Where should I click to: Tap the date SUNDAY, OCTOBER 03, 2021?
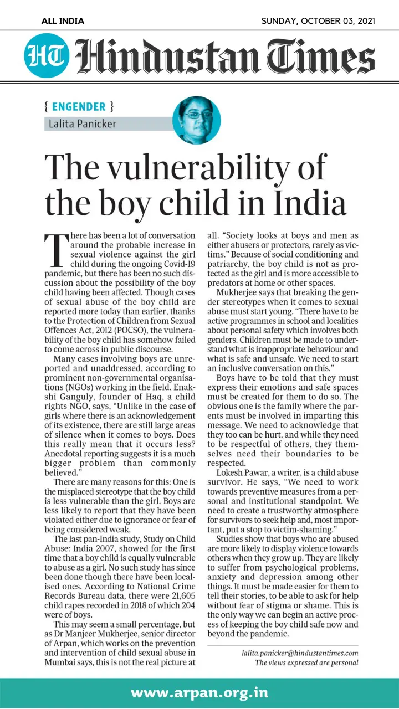[318, 21]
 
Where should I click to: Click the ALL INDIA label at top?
[63, 21]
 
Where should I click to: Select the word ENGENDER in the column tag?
[79, 106]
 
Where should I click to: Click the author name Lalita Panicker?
[81, 124]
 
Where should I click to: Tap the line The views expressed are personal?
[306, 663]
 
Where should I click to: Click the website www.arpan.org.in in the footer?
[199, 692]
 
